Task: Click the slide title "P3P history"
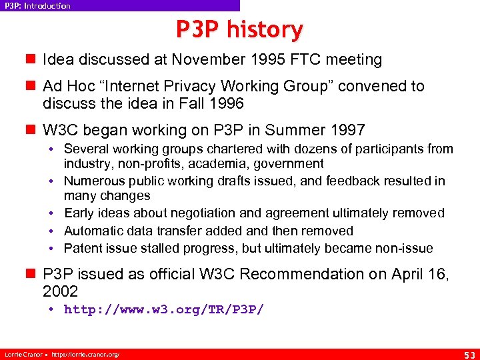239,29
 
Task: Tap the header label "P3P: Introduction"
37,6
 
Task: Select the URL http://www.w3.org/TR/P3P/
164,309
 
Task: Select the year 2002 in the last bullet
60,291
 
